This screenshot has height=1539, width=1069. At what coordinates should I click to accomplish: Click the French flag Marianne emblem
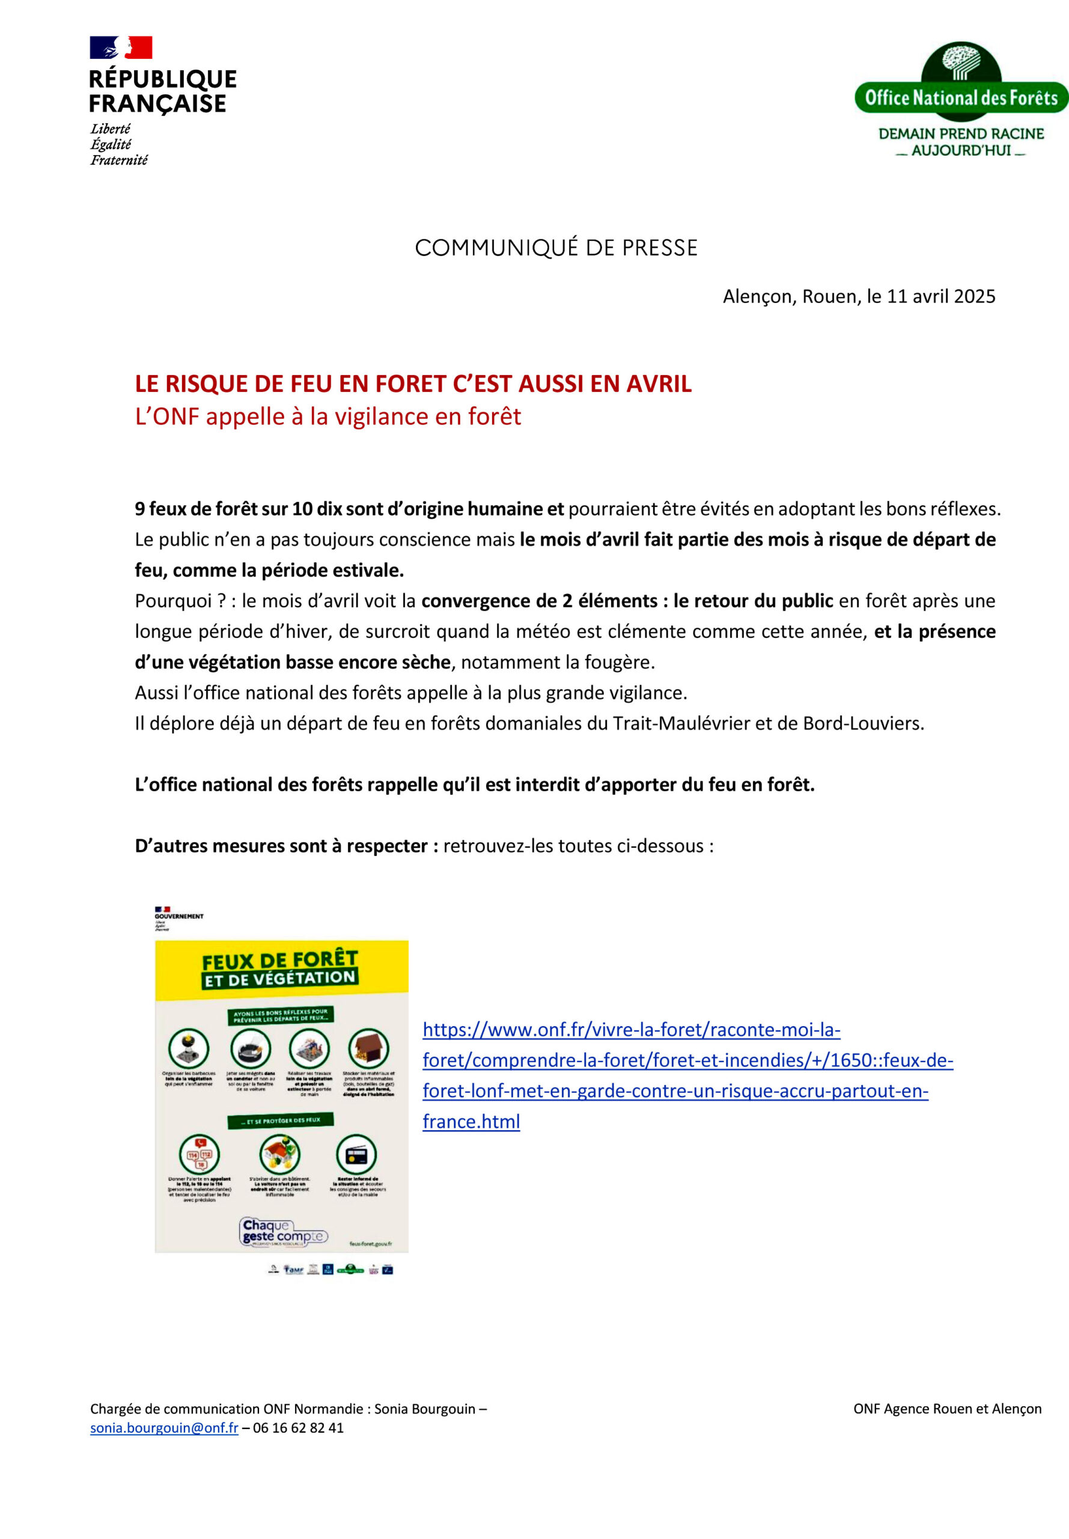click(x=121, y=47)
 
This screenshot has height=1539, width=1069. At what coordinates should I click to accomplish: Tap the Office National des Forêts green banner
click(x=960, y=98)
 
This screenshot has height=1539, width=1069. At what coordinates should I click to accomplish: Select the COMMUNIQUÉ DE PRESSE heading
click(x=556, y=248)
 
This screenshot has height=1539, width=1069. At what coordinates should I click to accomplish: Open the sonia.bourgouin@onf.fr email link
click(x=164, y=1428)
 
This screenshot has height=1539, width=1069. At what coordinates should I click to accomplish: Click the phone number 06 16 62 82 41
click(x=298, y=1428)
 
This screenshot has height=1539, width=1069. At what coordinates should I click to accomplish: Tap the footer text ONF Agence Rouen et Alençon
click(x=947, y=1409)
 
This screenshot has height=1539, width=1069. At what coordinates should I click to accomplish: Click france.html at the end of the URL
click(x=471, y=1122)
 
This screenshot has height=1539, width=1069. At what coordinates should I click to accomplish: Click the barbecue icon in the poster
click(x=189, y=1048)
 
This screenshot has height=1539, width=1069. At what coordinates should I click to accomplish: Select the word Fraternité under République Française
click(x=119, y=160)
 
